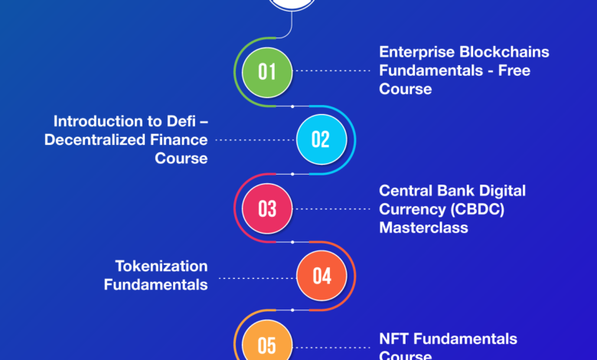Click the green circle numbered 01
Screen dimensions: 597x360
[267, 72]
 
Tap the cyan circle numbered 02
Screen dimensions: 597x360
[321, 139]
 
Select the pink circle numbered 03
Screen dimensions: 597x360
[267, 208]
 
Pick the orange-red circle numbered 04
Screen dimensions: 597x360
[321, 276]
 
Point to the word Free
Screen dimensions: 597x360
[514, 70]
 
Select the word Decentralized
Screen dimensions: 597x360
[95, 140]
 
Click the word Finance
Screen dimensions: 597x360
[178, 140]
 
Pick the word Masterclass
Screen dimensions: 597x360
[423, 227]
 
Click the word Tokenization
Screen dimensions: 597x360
[161, 267]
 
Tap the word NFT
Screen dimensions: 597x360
[393, 339]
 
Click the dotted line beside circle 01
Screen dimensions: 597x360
[333, 71]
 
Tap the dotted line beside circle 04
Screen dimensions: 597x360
[257, 278]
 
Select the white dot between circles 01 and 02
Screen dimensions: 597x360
[292, 106]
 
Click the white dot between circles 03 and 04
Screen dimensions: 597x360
[292, 242]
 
